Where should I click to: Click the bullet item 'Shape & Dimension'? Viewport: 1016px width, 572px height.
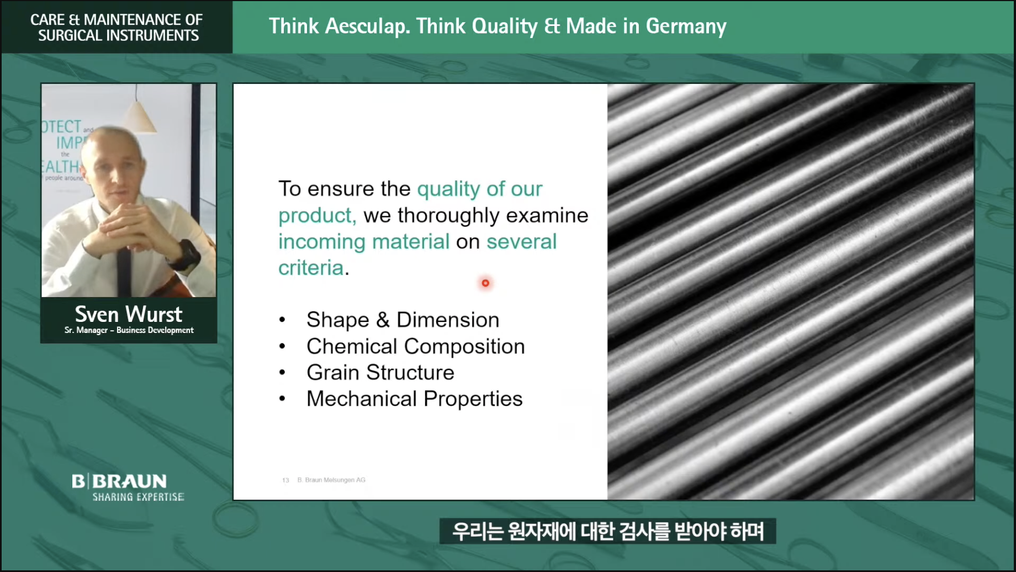(x=403, y=320)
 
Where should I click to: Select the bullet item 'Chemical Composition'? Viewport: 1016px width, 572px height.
(x=416, y=346)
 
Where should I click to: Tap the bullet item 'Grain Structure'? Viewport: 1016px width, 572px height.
(x=380, y=373)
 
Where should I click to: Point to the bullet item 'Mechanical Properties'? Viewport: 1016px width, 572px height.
(x=414, y=399)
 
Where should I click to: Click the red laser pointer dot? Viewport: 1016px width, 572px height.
(x=485, y=283)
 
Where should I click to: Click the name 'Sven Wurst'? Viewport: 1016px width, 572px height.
(x=129, y=314)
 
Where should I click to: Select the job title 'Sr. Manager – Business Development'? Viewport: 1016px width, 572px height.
(x=129, y=330)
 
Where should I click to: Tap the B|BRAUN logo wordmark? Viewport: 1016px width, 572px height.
(x=119, y=481)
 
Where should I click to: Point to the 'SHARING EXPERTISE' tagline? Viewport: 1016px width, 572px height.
(x=138, y=497)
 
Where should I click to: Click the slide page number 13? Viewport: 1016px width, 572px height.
(x=285, y=480)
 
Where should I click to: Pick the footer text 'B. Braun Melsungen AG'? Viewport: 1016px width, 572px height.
(x=331, y=480)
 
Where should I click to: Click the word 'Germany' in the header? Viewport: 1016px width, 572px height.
(x=686, y=27)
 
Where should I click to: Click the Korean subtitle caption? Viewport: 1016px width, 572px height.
(x=608, y=531)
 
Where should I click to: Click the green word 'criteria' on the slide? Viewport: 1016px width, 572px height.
(x=311, y=268)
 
